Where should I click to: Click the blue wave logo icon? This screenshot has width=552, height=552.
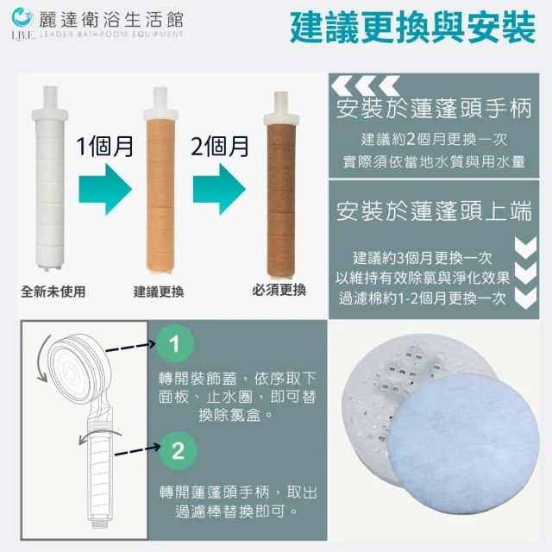(22, 17)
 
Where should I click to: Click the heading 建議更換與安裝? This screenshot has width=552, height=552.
(412, 28)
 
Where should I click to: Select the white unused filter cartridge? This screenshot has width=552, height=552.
(50, 179)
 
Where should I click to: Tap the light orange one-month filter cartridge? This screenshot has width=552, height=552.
(160, 180)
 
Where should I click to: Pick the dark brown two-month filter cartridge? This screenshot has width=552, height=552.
(281, 186)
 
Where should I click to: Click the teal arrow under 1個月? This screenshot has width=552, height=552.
(105, 189)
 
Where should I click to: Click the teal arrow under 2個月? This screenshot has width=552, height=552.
(219, 189)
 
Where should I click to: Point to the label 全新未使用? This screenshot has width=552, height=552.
(53, 292)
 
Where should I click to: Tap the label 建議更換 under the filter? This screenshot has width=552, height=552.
(159, 292)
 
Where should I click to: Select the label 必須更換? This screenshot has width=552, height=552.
(279, 290)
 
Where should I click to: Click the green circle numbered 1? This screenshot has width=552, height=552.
(175, 343)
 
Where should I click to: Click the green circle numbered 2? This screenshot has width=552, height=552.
(178, 450)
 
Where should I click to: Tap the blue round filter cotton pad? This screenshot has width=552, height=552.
(463, 444)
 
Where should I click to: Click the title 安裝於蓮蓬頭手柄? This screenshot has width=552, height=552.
(434, 109)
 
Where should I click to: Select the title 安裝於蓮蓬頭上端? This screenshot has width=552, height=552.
(434, 211)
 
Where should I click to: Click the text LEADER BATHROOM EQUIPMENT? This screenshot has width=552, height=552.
(111, 34)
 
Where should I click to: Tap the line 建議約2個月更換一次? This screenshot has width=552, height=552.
(434, 140)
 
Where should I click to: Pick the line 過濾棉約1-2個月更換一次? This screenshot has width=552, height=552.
(422, 298)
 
